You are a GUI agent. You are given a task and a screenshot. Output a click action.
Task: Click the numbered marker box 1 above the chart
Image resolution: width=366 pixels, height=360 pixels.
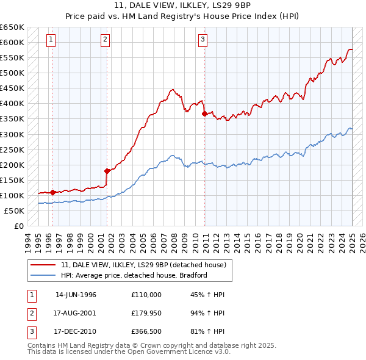click(50, 40)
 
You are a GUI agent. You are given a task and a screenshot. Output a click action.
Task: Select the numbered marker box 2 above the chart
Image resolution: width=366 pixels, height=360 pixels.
click(105, 40)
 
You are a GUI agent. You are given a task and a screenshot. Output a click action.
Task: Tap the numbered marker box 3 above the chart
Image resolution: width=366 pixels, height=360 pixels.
click(203, 40)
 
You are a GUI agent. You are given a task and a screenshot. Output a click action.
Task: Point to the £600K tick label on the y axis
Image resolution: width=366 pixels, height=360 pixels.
click(12, 42)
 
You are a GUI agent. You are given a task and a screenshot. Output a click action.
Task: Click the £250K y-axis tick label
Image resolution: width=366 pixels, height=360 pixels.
click(12, 149)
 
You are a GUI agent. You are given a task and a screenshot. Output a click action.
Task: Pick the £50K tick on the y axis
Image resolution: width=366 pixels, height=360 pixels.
click(15, 211)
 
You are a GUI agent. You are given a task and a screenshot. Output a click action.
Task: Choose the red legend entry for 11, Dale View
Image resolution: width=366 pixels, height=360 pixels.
click(144, 265)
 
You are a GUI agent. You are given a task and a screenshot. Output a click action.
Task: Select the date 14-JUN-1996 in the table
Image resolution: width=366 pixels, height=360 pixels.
click(76, 295)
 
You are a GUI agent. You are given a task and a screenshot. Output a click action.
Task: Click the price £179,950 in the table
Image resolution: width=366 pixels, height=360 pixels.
click(146, 314)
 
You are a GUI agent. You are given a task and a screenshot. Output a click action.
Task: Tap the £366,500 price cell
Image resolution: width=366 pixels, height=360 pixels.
click(146, 333)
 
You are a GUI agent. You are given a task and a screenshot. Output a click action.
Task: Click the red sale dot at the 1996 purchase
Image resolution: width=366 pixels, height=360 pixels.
click(52, 192)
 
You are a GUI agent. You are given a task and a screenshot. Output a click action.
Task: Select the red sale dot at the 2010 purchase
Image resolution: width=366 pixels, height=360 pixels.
click(204, 113)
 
